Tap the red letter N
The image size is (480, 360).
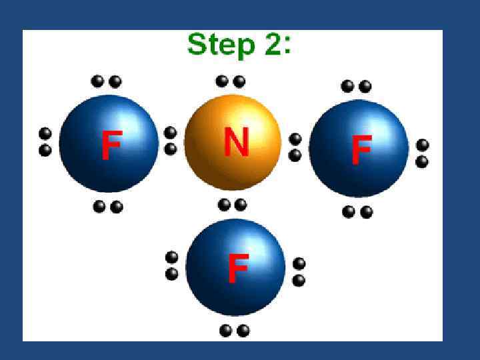tap(236, 141)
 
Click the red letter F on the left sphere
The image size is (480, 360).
tap(111, 146)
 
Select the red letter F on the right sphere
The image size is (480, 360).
tap(361, 151)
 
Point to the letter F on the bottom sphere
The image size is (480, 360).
tap(238, 268)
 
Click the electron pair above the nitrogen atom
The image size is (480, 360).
tap(231, 81)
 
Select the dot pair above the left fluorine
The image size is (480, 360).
tap(106, 81)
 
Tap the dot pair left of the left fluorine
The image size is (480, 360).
tap(45, 141)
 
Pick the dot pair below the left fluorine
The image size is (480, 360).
tap(108, 207)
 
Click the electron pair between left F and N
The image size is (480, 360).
tap(171, 141)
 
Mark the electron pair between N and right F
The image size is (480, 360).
tap(295, 147)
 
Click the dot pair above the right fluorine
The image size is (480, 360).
tap(356, 86)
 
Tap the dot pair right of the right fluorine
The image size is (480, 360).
tap(422, 153)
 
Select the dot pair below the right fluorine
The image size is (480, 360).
tap(357, 212)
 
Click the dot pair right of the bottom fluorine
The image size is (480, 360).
tap(299, 272)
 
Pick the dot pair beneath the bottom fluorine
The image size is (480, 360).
tap(234, 330)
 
